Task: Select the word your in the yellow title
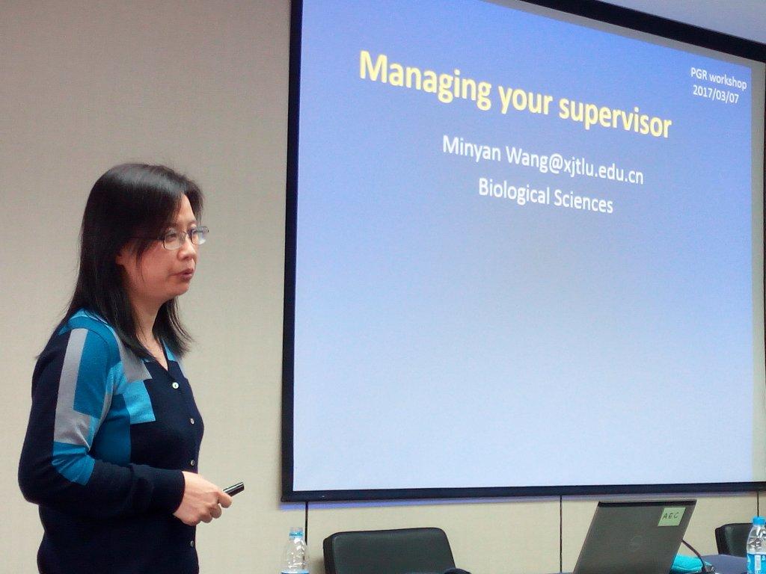[x=525, y=101]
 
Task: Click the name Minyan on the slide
[x=471, y=149]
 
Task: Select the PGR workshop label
[x=718, y=78]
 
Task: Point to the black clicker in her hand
[x=233, y=489]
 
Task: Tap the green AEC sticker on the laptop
[x=672, y=516]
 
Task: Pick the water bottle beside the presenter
[x=295, y=551]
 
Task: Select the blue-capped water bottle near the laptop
[x=756, y=545]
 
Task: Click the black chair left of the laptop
[x=389, y=551]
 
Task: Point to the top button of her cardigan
[x=174, y=386]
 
